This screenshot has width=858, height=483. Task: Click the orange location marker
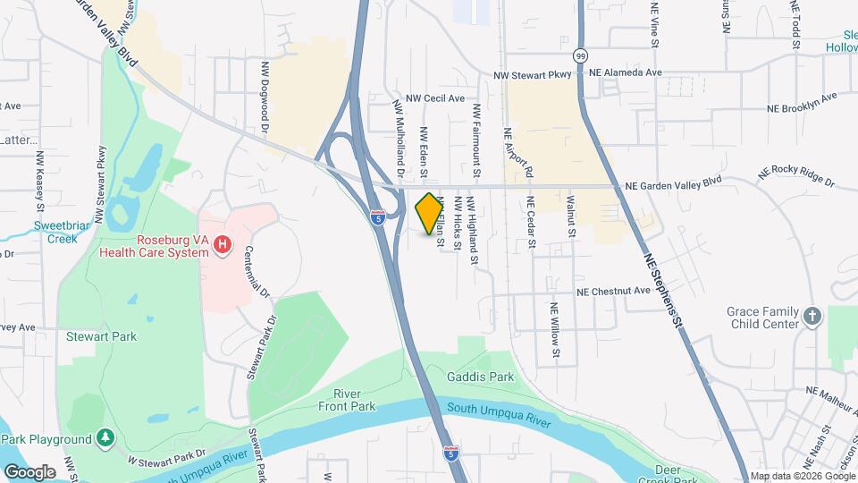coord(429,214)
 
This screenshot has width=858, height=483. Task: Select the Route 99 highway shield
coord(581,55)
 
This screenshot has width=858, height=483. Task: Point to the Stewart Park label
coord(101,337)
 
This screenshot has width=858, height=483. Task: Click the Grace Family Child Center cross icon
coord(812,317)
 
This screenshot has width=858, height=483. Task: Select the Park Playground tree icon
coord(105,438)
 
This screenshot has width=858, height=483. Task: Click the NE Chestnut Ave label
coord(613,292)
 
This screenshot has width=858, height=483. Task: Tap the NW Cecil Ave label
coord(435,98)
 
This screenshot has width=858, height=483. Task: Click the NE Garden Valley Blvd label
coord(673,185)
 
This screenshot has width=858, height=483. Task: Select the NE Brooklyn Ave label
coord(802,102)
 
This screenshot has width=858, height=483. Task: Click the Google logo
coord(29,471)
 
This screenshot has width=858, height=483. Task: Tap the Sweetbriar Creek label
coord(63,232)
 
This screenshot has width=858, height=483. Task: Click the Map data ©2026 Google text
coord(801,476)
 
